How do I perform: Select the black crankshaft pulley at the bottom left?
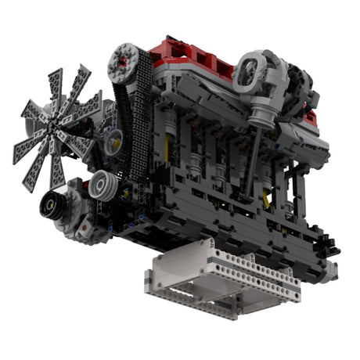56,207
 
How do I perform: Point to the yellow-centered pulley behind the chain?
113,141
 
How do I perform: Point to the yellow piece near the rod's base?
266,200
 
